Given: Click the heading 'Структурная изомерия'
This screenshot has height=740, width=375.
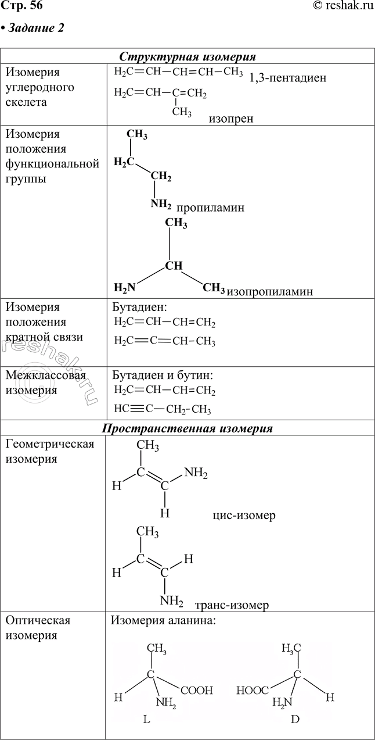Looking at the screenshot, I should (188, 56).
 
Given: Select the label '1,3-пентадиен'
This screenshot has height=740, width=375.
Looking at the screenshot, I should (287, 77).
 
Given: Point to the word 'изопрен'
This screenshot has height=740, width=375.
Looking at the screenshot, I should (233, 119).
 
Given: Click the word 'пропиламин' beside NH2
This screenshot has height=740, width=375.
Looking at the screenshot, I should (210, 208).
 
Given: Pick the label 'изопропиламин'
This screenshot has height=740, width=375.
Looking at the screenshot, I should (270, 291).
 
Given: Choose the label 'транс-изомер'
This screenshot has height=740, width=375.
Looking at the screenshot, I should (232, 605).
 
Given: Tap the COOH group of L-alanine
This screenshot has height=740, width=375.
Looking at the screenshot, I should (197, 691).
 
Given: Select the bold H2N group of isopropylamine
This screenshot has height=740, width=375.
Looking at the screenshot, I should (125, 287).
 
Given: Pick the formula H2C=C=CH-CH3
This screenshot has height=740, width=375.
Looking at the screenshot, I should (165, 341).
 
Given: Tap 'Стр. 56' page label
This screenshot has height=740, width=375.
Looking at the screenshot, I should (21, 6).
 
